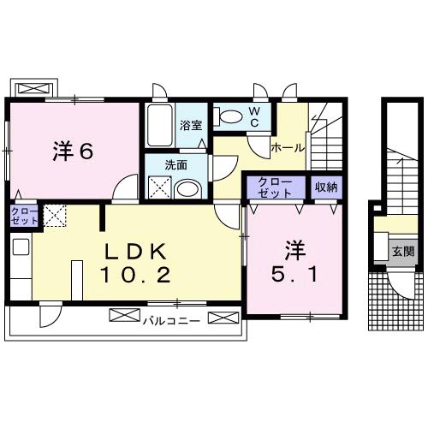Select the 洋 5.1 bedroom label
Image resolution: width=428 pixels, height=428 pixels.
[x=295, y=263]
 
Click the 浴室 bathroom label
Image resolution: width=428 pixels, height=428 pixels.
[x=191, y=126]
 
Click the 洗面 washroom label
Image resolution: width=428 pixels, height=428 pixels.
[x=177, y=165]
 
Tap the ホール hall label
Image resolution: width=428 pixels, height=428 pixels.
[x=287, y=147]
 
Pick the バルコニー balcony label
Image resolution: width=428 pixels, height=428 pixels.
[x=171, y=320]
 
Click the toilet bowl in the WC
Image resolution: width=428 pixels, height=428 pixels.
[x=230, y=116]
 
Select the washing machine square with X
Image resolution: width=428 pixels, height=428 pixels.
[x=158, y=186]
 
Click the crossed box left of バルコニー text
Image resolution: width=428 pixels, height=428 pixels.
[x=123, y=319]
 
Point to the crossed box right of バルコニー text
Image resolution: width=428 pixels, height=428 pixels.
[x=220, y=319]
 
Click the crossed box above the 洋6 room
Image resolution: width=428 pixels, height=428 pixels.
[x=32, y=88]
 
